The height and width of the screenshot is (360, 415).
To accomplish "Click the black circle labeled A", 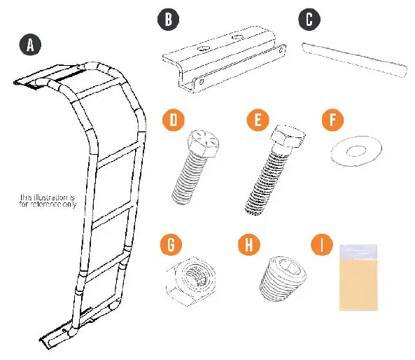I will pyautogui.click(x=29, y=45).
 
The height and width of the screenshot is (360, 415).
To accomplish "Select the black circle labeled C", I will pyautogui.click(x=309, y=19).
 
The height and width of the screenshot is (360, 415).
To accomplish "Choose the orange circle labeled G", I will pyautogui.click(x=171, y=245).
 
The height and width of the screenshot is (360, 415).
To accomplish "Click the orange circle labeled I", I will pyautogui.click(x=322, y=245).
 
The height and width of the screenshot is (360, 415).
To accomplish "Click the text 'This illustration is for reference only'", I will pyautogui.click(x=47, y=200).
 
